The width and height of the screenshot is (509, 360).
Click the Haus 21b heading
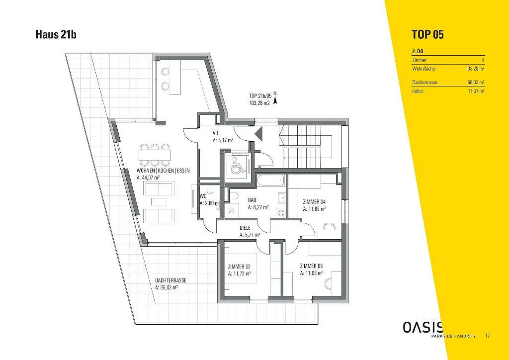[x=56, y=34]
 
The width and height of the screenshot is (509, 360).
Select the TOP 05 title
[x=427, y=34]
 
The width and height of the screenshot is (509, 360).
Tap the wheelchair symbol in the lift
[x=238, y=165]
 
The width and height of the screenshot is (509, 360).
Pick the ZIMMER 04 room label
[x=314, y=202]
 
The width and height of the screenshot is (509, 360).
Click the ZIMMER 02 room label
[x=239, y=267]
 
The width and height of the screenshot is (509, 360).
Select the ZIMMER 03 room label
[x=311, y=266]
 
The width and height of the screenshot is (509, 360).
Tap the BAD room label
[x=252, y=200]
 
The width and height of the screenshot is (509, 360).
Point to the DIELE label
[x=246, y=228]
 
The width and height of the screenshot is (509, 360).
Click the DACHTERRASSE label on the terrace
[x=171, y=280]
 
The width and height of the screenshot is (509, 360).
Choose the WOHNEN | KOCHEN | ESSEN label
[x=163, y=171]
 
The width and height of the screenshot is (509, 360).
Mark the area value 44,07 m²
[x=148, y=178]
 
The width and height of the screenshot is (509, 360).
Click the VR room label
[x=215, y=133]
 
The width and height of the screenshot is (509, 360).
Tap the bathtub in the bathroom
[x=270, y=180]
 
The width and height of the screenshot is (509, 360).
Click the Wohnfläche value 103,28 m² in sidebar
[x=475, y=69]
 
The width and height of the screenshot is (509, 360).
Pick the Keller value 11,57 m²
[x=477, y=91]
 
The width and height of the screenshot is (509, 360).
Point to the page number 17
[x=488, y=336]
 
